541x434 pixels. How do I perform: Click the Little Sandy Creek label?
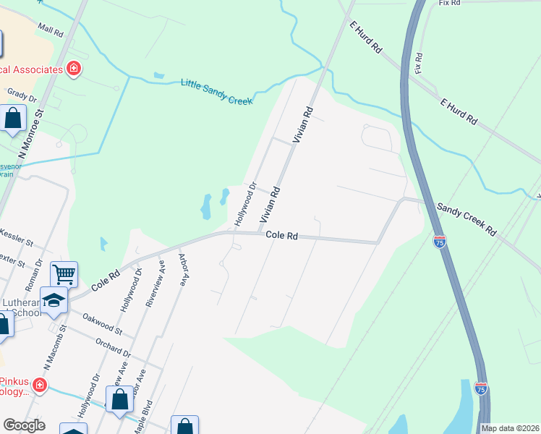coord(216,93)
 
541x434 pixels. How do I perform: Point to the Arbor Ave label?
coord(185,269)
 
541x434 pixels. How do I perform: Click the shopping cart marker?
coord(64,275)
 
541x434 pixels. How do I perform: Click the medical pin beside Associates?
coord(73,69)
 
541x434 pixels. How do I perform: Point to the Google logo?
coord(24,425)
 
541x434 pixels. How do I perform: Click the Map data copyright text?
coord(510,428)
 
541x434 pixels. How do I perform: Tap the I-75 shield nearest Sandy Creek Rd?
coord(439,242)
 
